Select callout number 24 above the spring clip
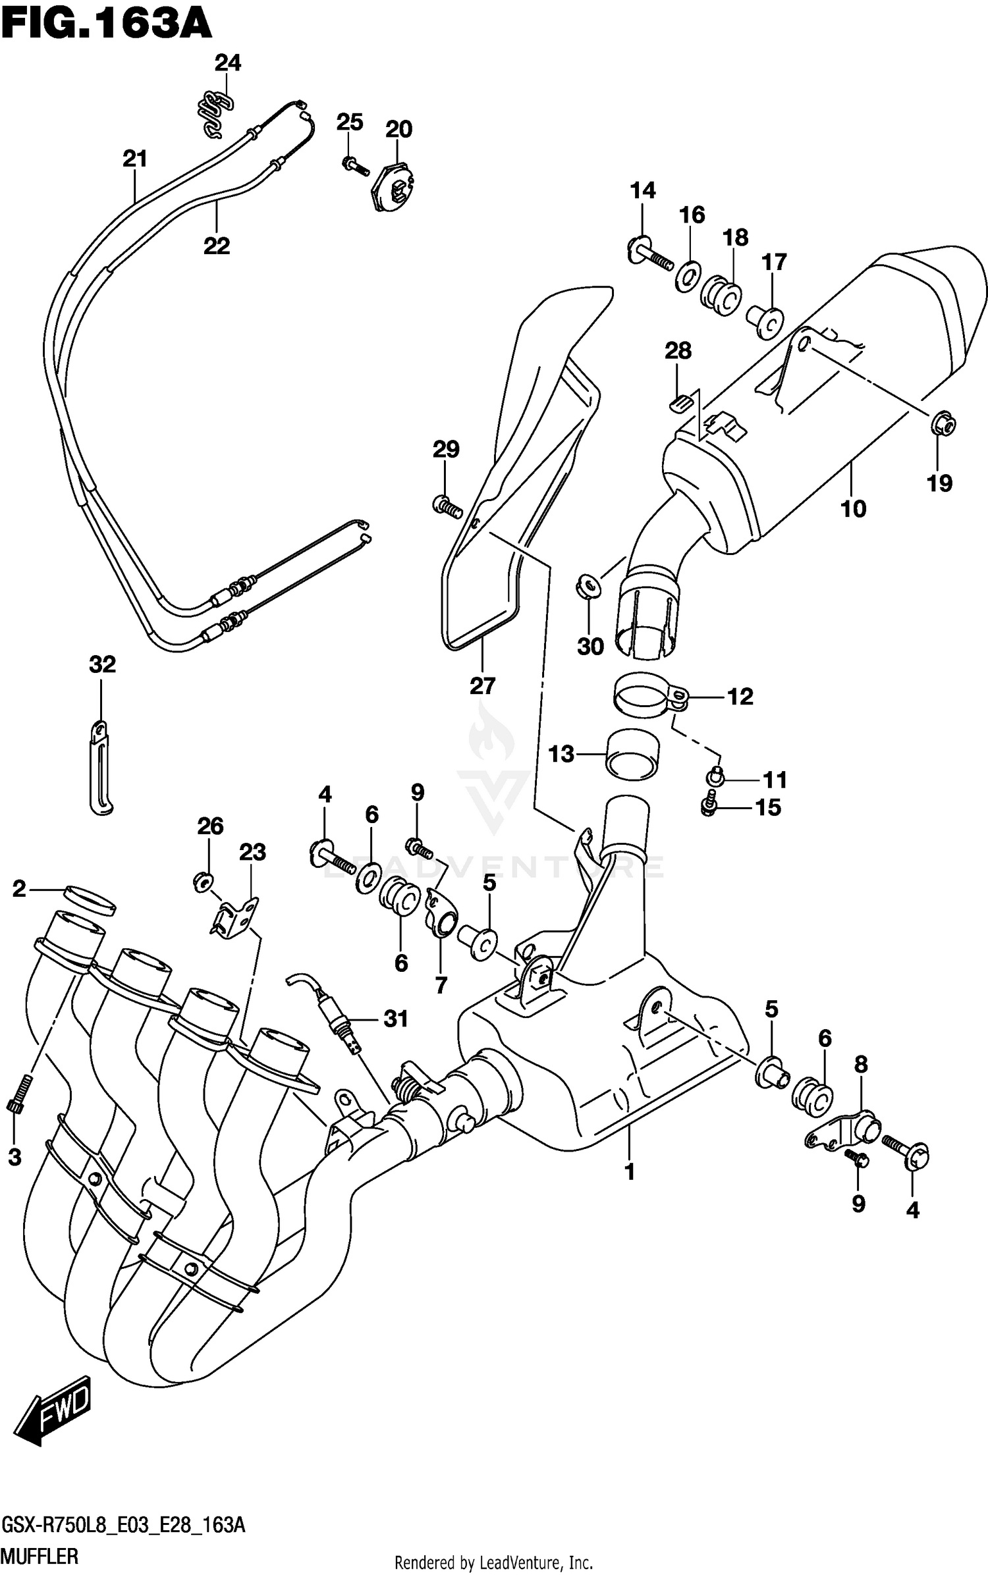[x=227, y=63]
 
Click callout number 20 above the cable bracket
[x=398, y=129]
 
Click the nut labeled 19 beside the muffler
[x=943, y=425]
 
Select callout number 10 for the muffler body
[x=853, y=508]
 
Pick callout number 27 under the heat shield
[x=482, y=686]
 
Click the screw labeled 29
[x=446, y=506]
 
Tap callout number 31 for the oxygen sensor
[x=396, y=1019]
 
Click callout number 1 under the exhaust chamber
[x=629, y=1172]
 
